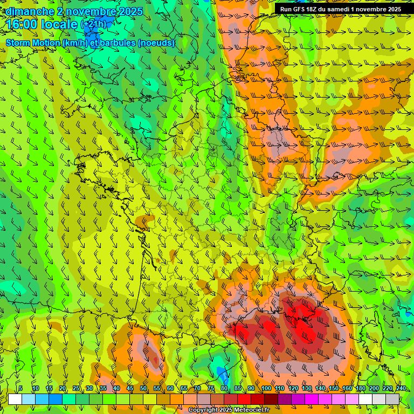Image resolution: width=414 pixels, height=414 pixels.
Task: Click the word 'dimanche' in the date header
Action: click(30, 11)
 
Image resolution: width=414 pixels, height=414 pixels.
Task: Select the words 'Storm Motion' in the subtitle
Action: click(32, 43)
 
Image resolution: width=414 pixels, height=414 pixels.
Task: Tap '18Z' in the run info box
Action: click(314, 9)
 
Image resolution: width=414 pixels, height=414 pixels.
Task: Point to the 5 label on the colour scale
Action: click(20, 388)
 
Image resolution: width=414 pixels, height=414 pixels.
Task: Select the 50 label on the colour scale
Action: click(143, 388)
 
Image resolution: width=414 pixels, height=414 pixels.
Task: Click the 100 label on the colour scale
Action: click(266, 388)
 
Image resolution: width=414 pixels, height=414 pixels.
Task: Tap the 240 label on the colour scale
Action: click(401, 388)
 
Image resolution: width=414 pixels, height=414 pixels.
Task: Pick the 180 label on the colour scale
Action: click(360, 388)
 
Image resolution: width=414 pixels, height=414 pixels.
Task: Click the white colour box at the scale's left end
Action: click(15, 399)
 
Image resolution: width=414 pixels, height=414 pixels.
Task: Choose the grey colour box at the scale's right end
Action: click(392, 399)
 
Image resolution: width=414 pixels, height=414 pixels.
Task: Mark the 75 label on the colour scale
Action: click(211, 388)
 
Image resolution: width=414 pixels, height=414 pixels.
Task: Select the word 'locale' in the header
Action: click(61, 24)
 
